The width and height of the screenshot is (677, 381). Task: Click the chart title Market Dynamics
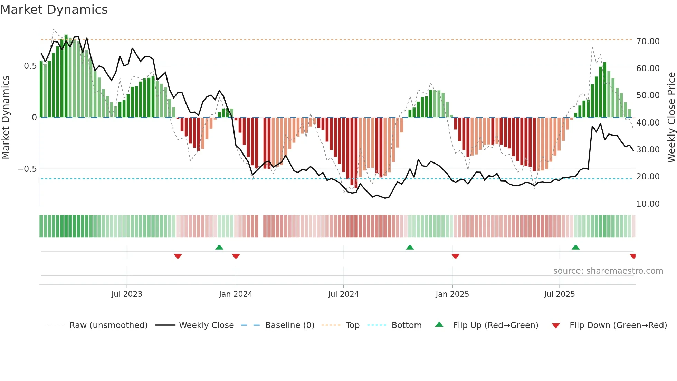pos(54,10)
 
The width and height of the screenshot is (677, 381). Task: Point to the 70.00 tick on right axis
pos(648,41)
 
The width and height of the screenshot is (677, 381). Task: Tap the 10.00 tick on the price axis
pos(648,204)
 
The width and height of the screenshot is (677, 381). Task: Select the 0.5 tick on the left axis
pos(30,66)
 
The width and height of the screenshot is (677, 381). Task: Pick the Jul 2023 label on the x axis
pos(127,294)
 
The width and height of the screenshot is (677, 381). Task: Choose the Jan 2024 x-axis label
pos(236,294)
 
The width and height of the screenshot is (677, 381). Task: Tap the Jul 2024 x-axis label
pos(343,294)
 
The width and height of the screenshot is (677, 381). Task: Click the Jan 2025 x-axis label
pos(452,294)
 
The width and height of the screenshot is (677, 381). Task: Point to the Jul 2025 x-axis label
pos(559,294)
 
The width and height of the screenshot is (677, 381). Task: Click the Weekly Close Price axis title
pos(671,117)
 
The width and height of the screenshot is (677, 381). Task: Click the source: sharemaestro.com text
pos(608,271)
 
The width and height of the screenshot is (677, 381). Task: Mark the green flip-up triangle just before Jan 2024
pos(219,248)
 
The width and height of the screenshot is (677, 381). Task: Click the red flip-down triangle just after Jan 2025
pos(455,256)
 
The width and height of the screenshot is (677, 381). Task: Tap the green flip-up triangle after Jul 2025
pos(575,248)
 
